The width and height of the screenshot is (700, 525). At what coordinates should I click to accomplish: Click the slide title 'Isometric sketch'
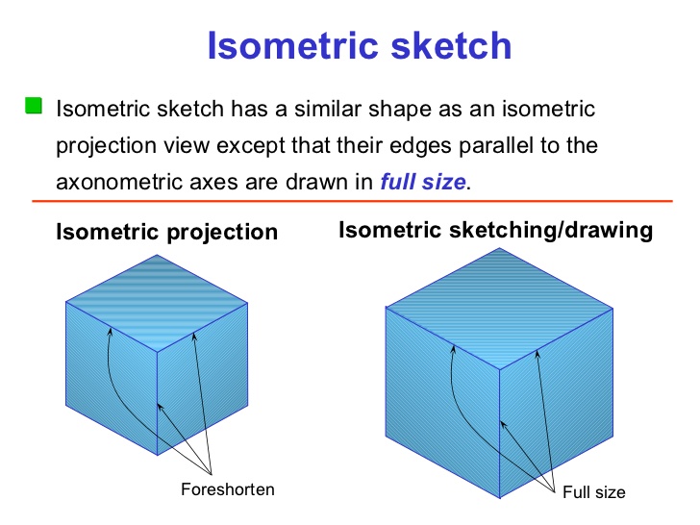coord(359,45)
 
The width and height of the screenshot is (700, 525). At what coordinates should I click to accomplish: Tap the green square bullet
coord(35,105)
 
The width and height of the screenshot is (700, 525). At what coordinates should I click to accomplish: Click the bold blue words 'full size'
coord(423,181)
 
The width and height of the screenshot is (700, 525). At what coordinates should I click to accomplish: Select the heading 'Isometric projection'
coord(167,233)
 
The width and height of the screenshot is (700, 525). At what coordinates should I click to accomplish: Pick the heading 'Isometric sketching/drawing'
coord(496,230)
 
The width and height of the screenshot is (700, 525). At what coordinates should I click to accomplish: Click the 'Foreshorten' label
coord(227,490)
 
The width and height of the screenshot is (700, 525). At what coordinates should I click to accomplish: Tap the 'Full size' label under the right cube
coord(593,492)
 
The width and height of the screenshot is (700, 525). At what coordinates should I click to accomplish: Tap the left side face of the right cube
coord(442,413)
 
